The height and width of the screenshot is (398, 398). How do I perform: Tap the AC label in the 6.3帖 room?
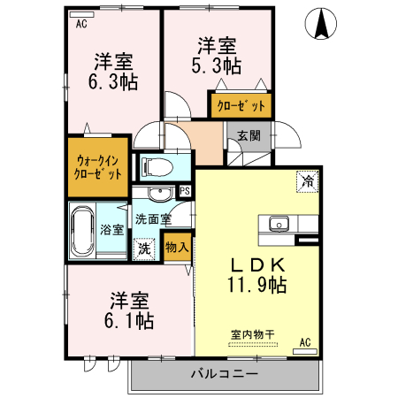pos(80,25)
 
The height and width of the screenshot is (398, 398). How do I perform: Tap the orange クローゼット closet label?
pos(241,105)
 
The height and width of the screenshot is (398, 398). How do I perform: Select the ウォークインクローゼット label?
pos(98,166)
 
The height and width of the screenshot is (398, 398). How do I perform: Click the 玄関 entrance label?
pos(249,136)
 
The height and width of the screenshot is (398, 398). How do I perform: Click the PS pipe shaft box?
pos(185,189)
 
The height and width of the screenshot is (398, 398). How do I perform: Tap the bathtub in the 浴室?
pos(84,231)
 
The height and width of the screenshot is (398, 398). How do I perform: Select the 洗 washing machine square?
pos(143,249)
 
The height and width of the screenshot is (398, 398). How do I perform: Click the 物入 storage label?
pos(176,247)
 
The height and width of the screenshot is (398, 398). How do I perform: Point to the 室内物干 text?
pos(253,334)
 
